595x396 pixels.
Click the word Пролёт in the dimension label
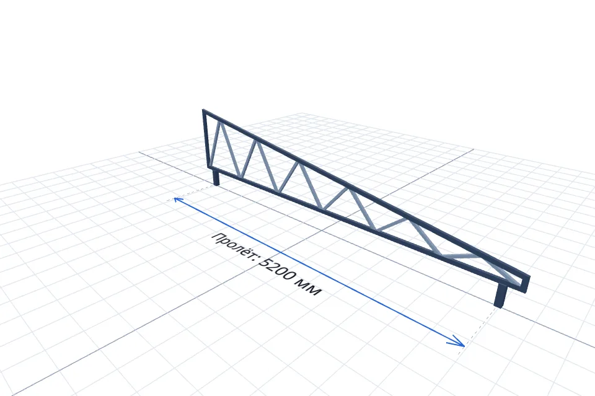[235, 247]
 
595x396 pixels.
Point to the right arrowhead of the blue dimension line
[459, 342]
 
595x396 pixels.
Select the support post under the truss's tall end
[216, 177]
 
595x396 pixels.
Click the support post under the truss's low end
[501, 296]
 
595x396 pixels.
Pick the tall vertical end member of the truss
[206, 138]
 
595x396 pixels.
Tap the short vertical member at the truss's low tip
[526, 284]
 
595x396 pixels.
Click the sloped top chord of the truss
[366, 193]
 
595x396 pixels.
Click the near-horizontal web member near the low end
[461, 256]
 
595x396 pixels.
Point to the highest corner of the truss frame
[203, 110]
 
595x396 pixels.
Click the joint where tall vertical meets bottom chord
[209, 165]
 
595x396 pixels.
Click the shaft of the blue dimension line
[319, 271]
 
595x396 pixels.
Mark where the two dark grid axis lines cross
[322, 230]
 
